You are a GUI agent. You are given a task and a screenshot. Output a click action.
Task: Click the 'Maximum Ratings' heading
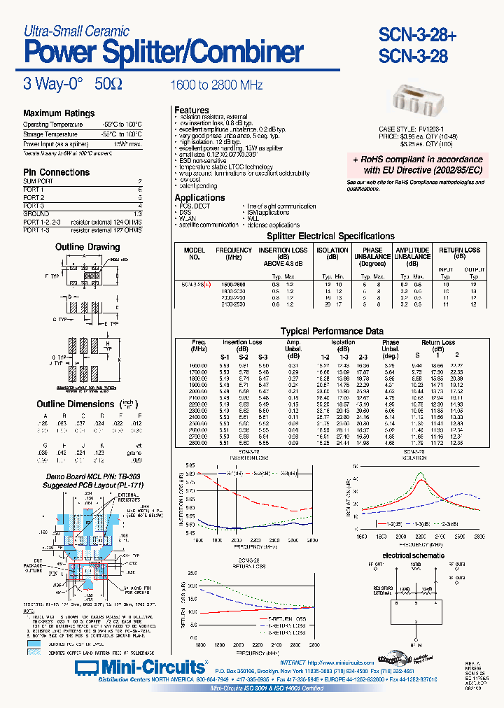pyautogui.click(x=59, y=113)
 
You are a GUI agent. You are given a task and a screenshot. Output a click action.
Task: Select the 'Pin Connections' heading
pyautogui.click(x=56, y=172)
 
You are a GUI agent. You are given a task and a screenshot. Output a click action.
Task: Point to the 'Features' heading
pyautogui.click(x=192, y=111)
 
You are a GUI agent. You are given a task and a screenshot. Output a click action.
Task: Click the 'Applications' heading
pyautogui.click(x=199, y=198)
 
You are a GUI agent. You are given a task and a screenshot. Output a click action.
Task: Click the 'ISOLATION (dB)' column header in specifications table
pyautogui.click(x=332, y=253)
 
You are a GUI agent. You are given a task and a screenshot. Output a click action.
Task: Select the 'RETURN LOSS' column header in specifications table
pyautogui.click(x=459, y=250)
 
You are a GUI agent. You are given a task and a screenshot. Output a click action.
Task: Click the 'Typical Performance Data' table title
pyautogui.click(x=332, y=331)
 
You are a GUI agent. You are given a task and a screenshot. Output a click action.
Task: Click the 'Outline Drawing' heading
pyautogui.click(x=87, y=247)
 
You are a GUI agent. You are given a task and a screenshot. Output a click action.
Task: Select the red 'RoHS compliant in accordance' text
pyautogui.click(x=417, y=160)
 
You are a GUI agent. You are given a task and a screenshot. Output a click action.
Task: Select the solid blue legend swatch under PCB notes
pyautogui.click(x=35, y=642)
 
